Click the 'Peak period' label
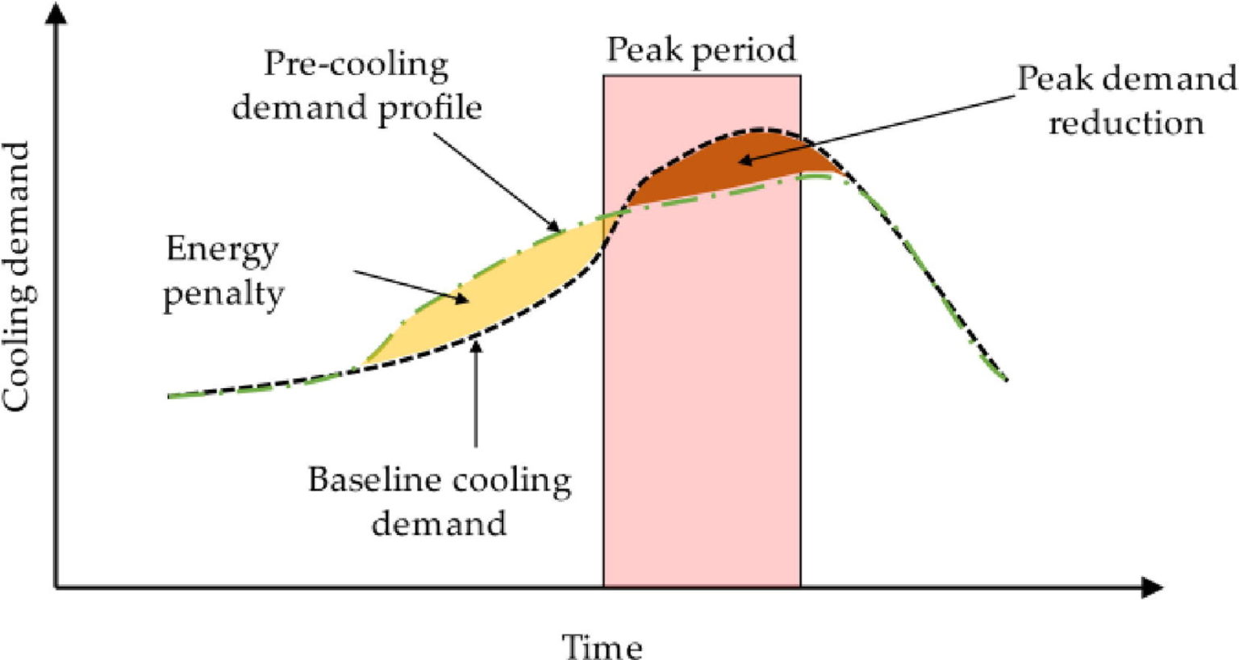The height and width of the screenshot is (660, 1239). tap(701, 50)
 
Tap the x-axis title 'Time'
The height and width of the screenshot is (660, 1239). tap(602, 646)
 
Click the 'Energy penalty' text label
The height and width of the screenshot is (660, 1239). tap(223, 272)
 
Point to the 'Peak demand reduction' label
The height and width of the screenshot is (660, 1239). tap(1126, 101)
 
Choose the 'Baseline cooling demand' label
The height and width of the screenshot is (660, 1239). tap(440, 501)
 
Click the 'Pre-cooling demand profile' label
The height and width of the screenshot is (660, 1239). tap(357, 86)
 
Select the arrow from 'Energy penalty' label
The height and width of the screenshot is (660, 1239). tap(411, 287)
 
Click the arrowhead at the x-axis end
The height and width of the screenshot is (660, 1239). tap(1153, 587)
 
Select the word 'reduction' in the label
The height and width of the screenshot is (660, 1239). tap(1126, 123)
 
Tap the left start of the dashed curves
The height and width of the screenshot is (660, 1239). tap(170, 396)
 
